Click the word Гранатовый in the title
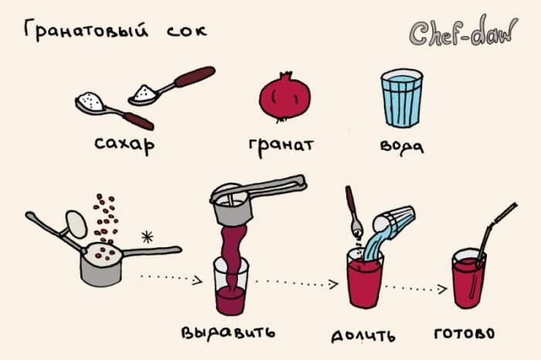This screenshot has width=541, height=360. click(87, 30)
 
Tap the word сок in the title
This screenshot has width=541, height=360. click(187, 31)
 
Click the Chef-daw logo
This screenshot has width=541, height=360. click(463, 32)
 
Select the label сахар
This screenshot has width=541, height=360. click(124, 144)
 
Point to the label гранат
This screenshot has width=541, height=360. click(281, 146)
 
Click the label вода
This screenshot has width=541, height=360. click(402, 146)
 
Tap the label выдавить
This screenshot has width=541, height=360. click(229, 332)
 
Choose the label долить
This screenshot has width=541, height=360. click(363, 335)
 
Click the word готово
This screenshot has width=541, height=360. click(464, 334)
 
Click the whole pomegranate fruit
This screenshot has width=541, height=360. click(285, 98)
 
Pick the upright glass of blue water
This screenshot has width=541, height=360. click(402, 99)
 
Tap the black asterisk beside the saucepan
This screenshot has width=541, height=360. click(148, 236)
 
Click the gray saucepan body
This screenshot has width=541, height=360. click(100, 265)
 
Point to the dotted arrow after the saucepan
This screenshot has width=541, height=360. click(172, 278)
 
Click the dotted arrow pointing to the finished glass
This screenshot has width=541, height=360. click(416, 287)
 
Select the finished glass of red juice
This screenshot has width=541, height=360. click(468, 279)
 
